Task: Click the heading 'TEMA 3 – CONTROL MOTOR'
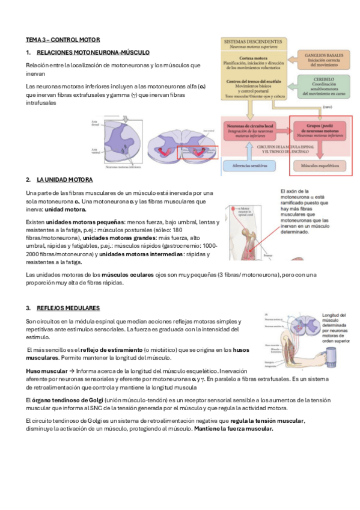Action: tap(63, 39)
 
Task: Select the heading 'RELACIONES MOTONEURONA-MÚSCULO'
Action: tap(93, 53)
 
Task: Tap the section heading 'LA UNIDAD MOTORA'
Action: tap(64, 179)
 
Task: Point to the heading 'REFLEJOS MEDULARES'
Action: tap(67, 307)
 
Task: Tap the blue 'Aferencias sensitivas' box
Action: tap(253, 164)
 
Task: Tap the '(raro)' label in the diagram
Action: tap(327, 106)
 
